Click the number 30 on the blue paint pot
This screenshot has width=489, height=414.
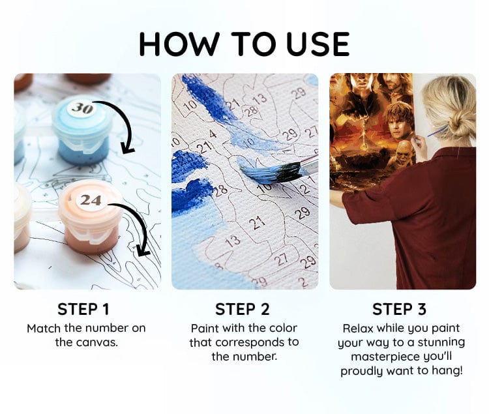pos(83,108)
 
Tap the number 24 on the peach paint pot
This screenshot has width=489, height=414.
pos(91,200)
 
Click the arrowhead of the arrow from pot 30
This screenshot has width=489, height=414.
pos(127,149)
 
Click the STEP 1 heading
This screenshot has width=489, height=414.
pos(83,309)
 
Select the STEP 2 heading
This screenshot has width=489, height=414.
pos(243,309)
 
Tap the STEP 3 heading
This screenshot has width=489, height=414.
pos(399,309)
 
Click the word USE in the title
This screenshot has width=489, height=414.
pos(318,44)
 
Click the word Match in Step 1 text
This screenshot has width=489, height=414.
pos(44,329)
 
